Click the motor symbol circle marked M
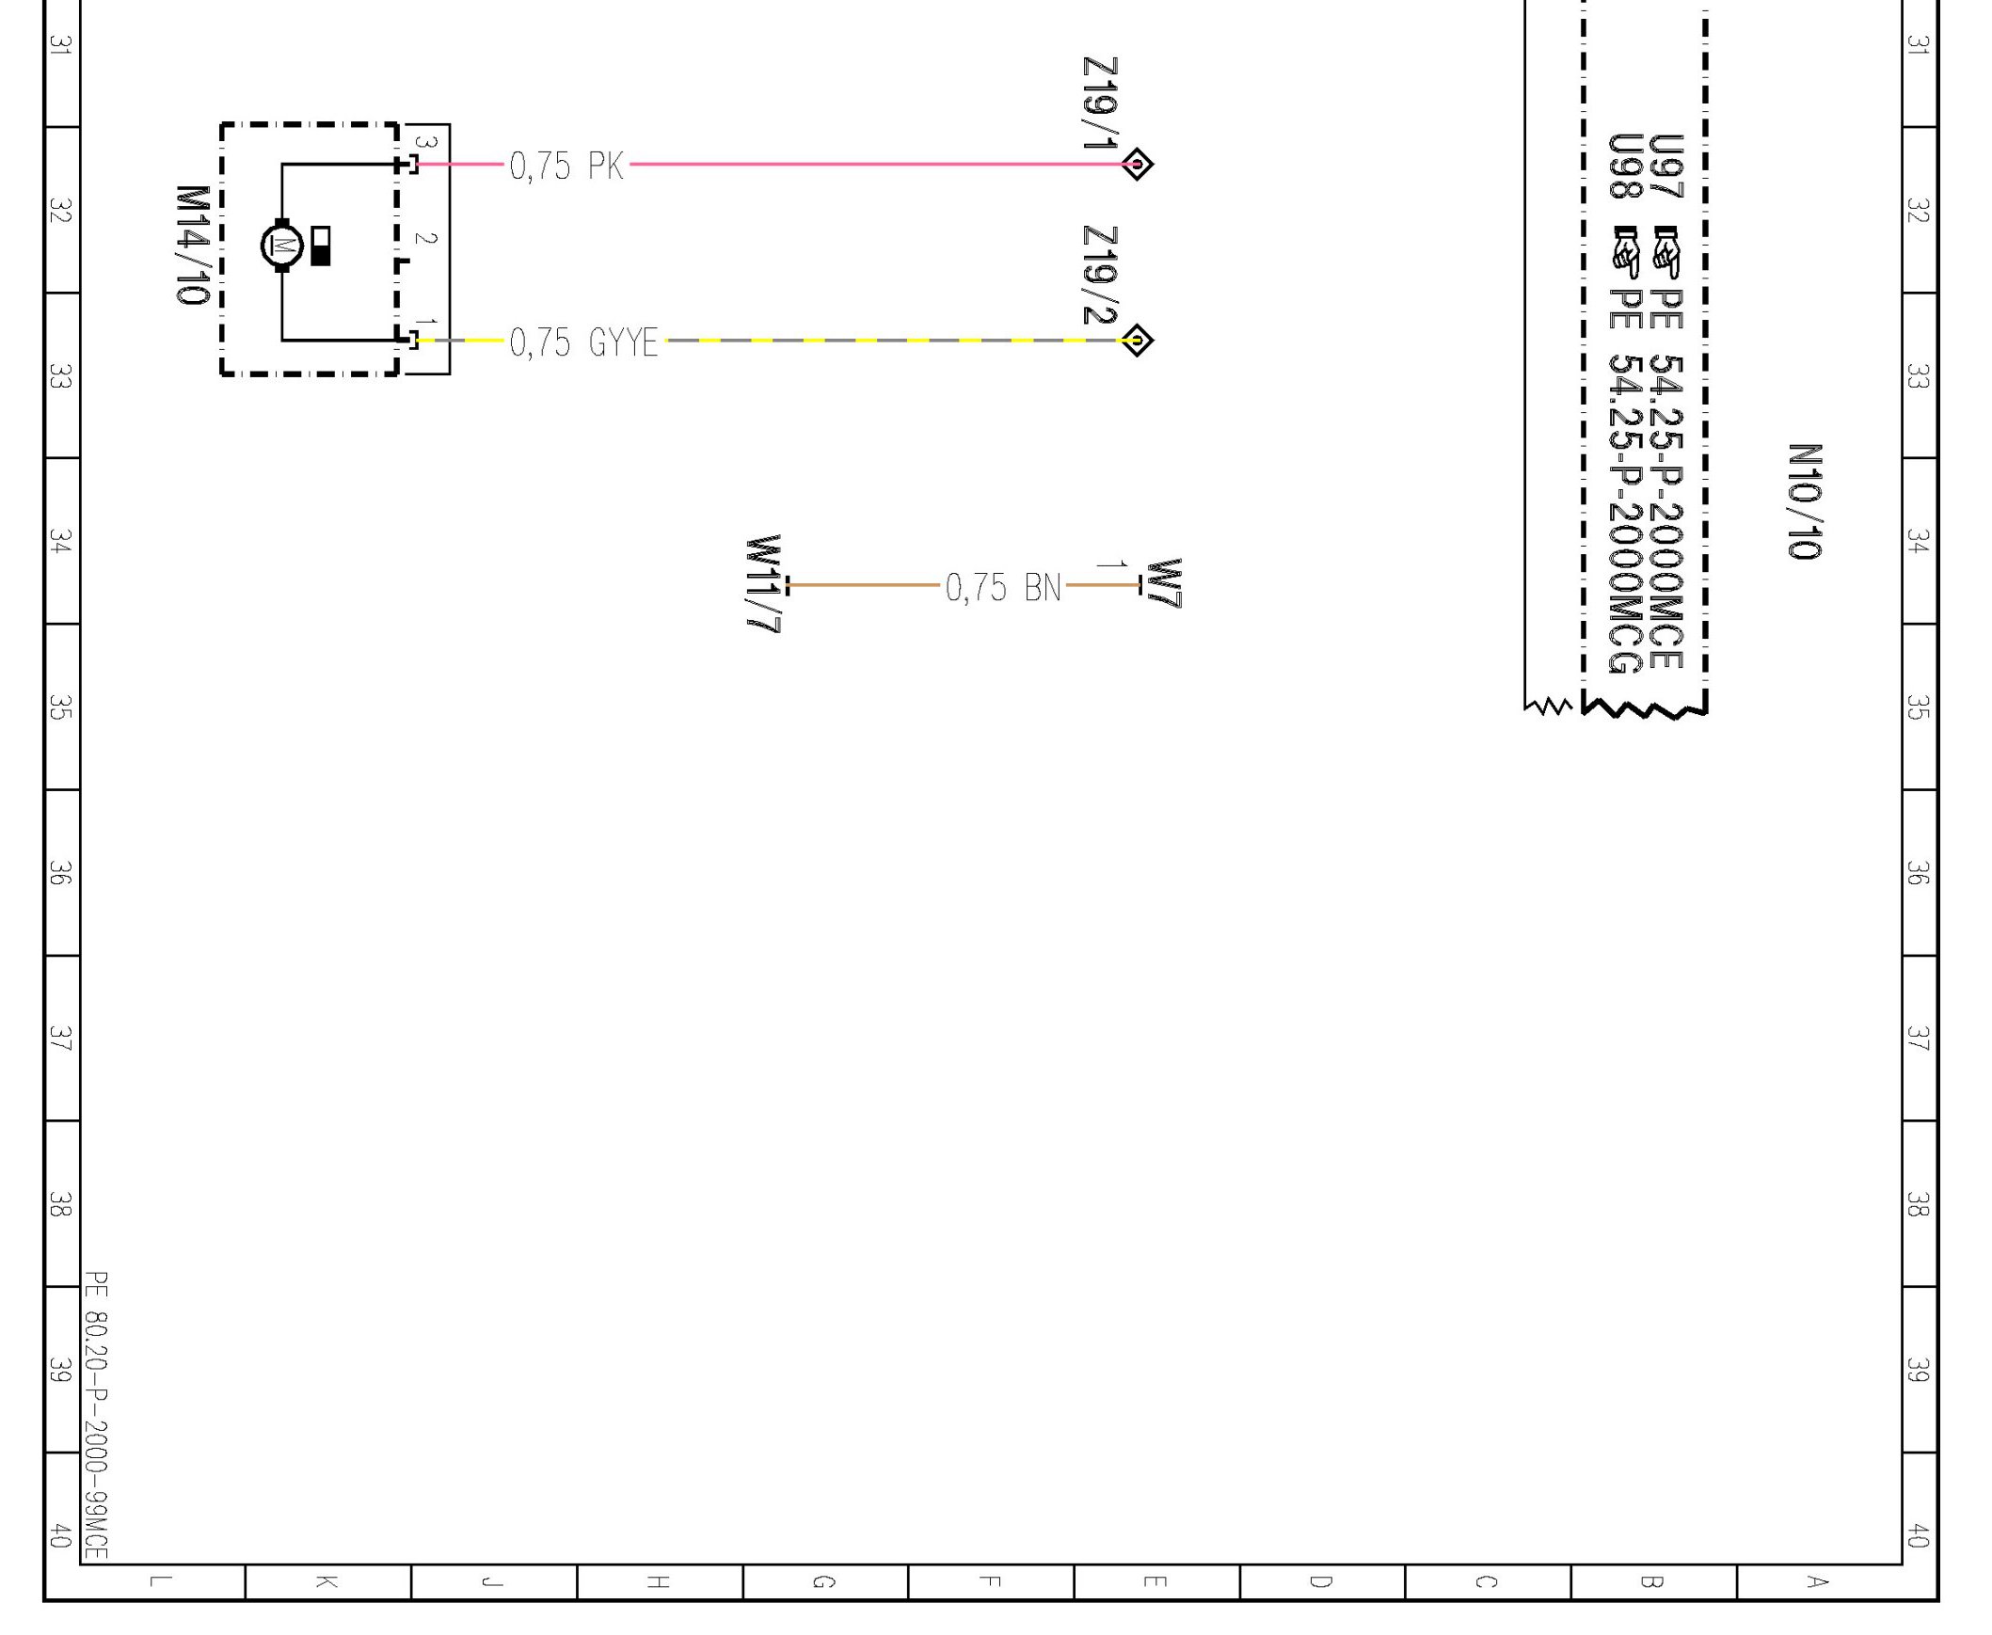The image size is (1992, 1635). (x=281, y=246)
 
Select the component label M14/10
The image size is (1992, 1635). (x=192, y=246)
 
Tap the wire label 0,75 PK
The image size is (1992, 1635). (x=566, y=166)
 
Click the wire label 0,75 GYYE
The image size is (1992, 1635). (x=584, y=341)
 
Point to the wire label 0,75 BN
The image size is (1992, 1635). (x=1003, y=587)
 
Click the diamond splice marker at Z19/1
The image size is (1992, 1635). (x=1137, y=164)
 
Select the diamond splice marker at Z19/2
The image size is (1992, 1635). (x=1137, y=340)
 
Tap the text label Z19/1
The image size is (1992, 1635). (x=1100, y=103)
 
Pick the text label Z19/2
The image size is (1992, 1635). (x=1100, y=275)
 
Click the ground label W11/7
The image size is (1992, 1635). (x=763, y=584)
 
